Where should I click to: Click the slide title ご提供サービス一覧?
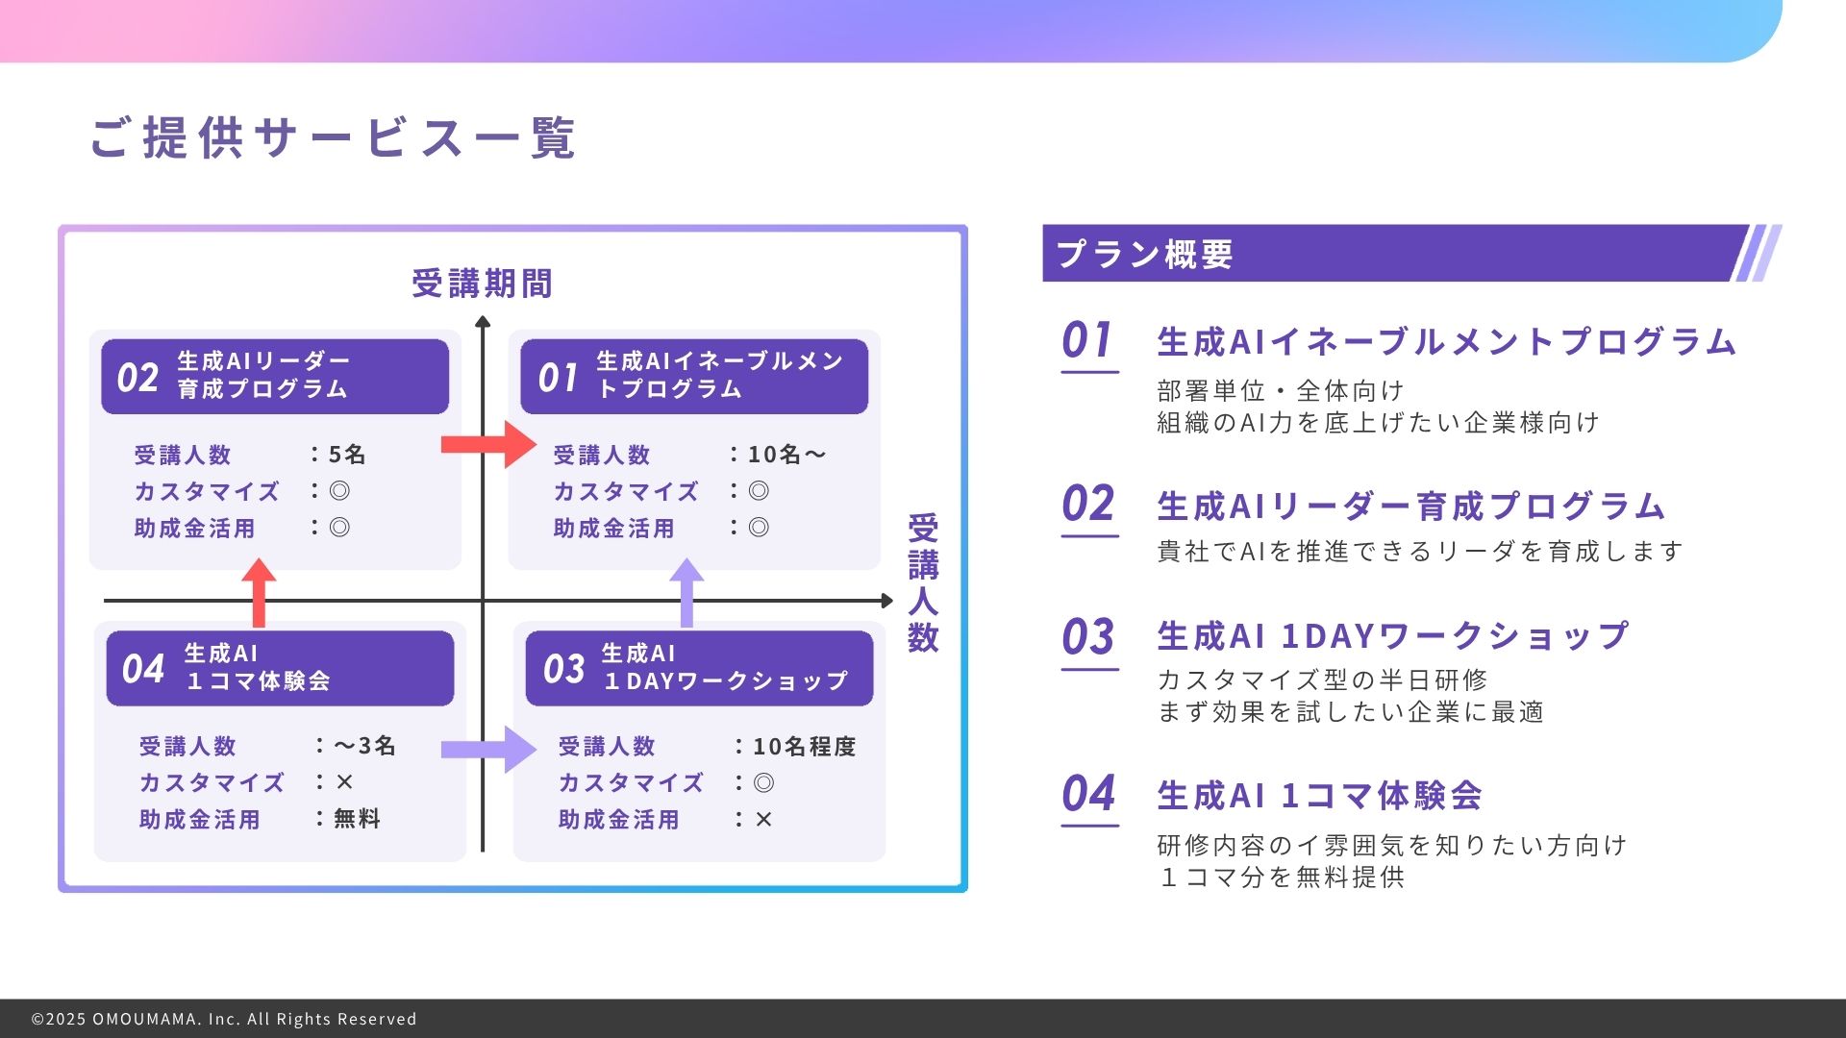tap(333, 137)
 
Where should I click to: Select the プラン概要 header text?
tap(1144, 255)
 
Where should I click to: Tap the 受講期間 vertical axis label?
tap(482, 284)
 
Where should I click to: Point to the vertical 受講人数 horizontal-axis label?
tap(923, 582)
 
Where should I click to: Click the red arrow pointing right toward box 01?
tap(488, 444)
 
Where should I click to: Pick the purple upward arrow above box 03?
tap(686, 593)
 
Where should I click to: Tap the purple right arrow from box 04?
tap(488, 750)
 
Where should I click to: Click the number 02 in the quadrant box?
tap(137, 378)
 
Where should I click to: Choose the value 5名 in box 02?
tap(347, 454)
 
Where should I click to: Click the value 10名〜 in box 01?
tap(787, 454)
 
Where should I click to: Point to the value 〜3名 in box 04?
tap(364, 746)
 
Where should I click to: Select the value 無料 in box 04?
tap(357, 819)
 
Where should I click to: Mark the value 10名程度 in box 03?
tap(804, 746)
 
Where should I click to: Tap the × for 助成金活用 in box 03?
tap(763, 819)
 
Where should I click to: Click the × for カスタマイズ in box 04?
tap(344, 782)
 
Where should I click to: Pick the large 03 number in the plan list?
tap(1088, 637)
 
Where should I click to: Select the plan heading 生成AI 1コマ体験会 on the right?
tap(1319, 796)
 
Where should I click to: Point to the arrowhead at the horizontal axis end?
tap(887, 601)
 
